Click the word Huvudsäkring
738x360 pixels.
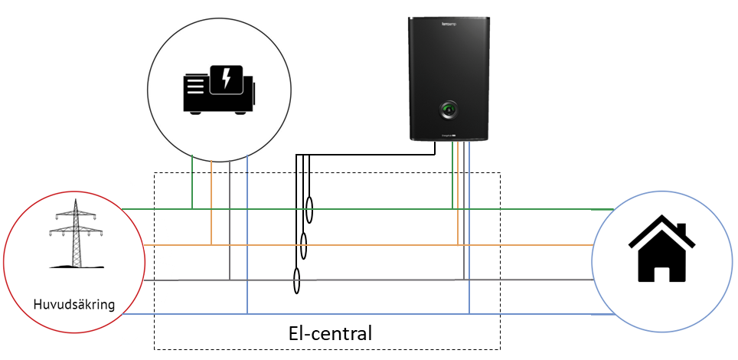point(74,305)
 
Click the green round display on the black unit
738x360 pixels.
point(448,111)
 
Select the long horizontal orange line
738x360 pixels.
point(345,245)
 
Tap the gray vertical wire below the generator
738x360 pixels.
point(230,222)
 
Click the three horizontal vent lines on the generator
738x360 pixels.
point(194,86)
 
